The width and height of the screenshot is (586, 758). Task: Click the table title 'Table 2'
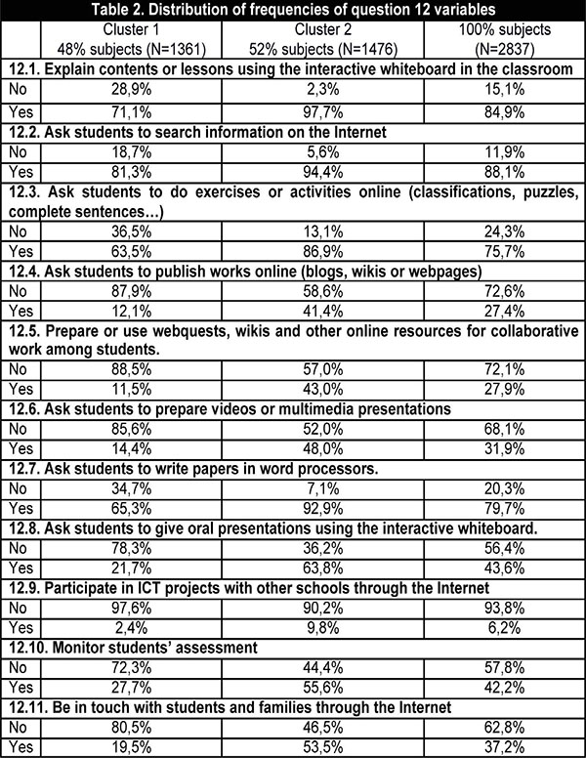tap(292, 12)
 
